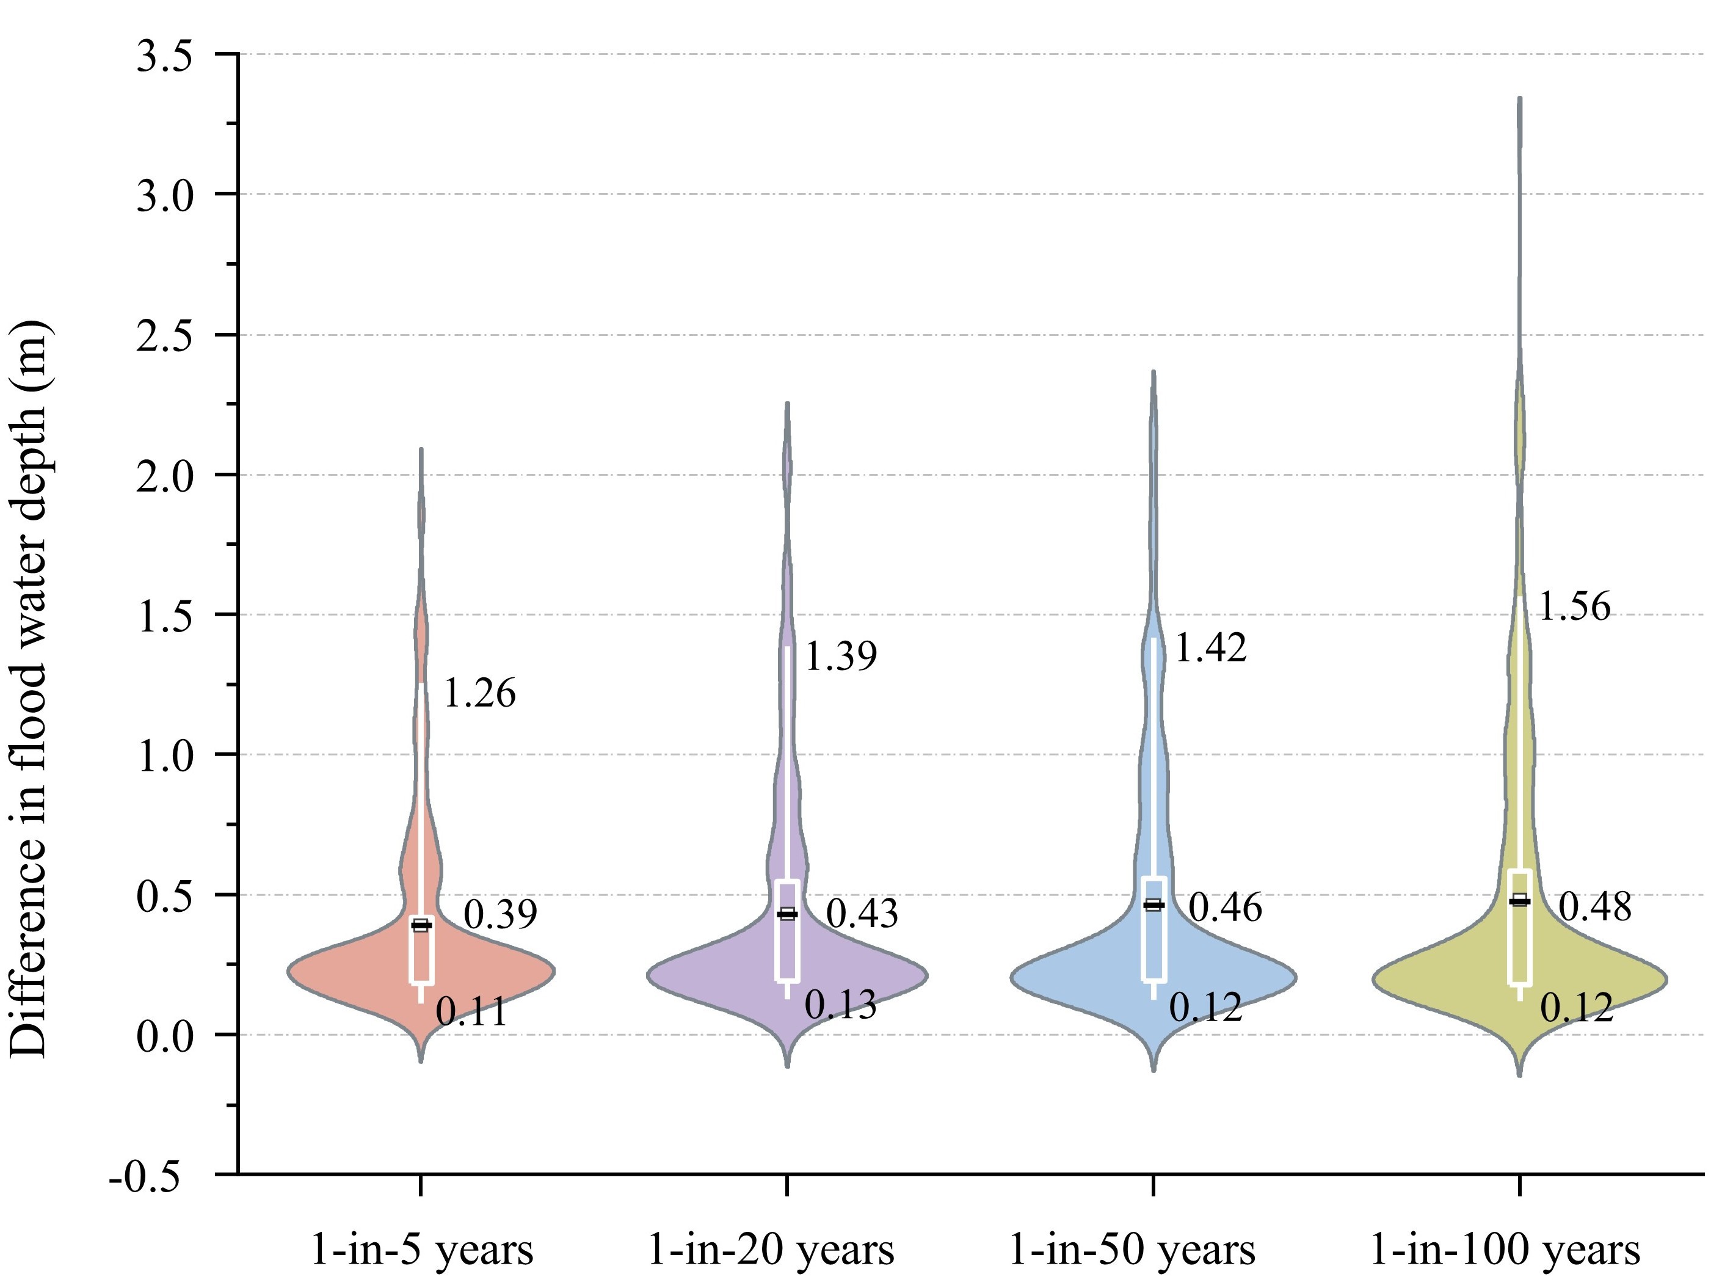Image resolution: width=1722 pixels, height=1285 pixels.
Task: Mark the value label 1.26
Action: click(478, 693)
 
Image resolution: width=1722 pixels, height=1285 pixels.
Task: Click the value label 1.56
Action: click(1574, 606)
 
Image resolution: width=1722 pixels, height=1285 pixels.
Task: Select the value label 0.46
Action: click(1225, 908)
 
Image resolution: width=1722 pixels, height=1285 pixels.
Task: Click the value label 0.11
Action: click(471, 1012)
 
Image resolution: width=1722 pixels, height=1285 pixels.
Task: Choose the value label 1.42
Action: click(1210, 647)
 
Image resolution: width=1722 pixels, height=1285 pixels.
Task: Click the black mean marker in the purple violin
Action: click(788, 914)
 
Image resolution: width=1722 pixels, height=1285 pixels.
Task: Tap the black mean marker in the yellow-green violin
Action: click(1519, 901)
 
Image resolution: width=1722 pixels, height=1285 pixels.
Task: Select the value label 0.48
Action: click(1594, 907)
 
